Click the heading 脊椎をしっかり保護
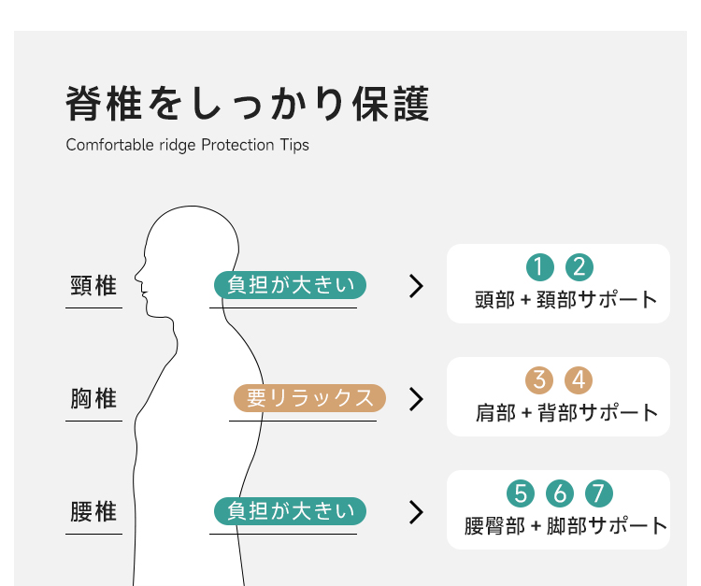pos(248,104)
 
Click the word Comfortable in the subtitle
pos(109,145)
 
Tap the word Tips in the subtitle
pos(294,145)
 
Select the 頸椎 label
pos(93,286)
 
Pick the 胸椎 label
pos(93,398)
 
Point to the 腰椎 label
pos(93,511)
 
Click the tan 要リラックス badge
pos(309,398)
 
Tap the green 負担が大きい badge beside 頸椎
pos(290,285)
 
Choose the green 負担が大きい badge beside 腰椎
pos(290,511)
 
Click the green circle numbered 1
pos(539,267)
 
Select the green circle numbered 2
pos(579,267)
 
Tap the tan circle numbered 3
pos(539,380)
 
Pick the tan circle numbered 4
pos(579,380)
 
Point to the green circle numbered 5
pos(521,493)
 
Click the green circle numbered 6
pos(560,493)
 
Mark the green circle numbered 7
pos(599,493)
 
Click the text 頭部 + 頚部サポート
pos(566,300)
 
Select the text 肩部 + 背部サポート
pos(566,413)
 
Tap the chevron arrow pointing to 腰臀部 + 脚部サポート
pos(416,512)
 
